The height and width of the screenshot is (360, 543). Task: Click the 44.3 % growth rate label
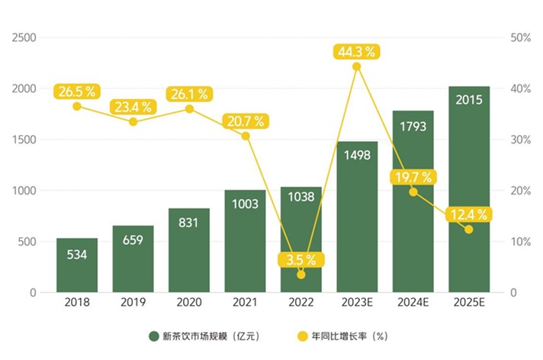356,52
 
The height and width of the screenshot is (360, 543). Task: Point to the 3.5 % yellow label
300,259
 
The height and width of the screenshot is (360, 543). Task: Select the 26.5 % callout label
76,92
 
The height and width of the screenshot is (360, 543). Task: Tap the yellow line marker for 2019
133,121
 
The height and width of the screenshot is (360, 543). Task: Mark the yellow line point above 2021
245,136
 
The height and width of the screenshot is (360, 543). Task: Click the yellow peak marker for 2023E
356,66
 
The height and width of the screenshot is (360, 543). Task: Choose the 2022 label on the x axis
300,302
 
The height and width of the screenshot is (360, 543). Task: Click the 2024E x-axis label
413,302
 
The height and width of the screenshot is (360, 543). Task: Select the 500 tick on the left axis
27,242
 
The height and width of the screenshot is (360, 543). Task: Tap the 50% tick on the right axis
520,38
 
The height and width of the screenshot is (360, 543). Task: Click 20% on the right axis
520,191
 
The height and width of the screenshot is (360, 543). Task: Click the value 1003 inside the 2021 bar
245,204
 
